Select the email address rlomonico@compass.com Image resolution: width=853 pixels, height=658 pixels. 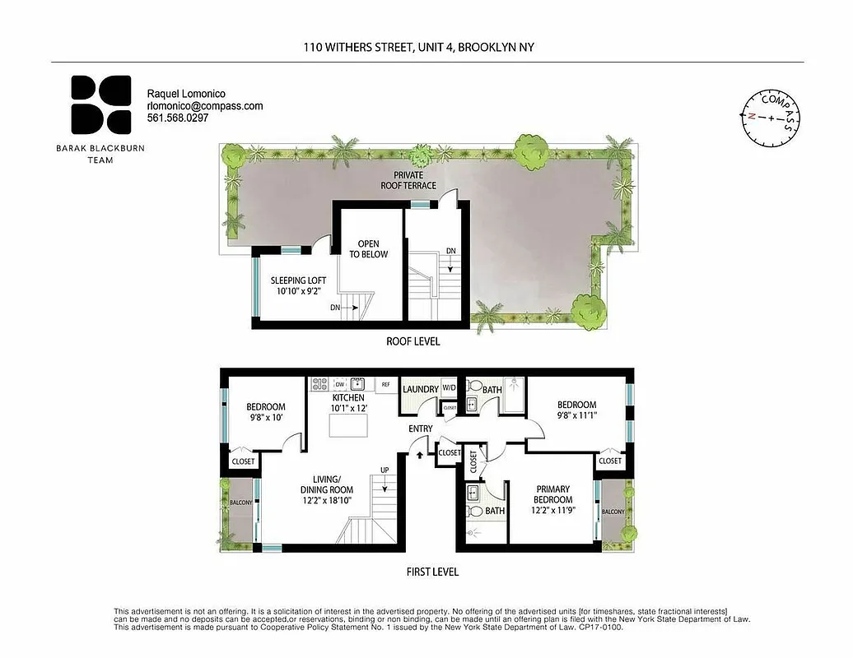point(204,106)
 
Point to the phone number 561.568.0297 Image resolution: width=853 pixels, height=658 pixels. point(178,118)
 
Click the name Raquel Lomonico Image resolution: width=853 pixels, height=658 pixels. point(185,94)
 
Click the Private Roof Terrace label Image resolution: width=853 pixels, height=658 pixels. point(408,180)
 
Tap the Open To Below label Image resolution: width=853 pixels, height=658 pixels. point(367,249)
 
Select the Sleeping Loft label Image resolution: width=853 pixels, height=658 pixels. point(298,285)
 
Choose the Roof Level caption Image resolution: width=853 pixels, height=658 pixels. point(413,341)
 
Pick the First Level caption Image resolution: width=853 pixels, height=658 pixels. point(432,572)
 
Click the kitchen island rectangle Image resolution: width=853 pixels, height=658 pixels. point(347,426)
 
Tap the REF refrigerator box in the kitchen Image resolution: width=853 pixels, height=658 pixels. point(385,384)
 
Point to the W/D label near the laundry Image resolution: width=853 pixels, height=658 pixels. point(450,387)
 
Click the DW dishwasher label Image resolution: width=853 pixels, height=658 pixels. point(339,384)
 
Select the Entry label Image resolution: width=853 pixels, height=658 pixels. point(420,429)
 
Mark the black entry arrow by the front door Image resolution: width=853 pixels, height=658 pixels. point(421,452)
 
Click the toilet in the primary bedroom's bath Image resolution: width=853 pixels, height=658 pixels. point(474,512)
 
